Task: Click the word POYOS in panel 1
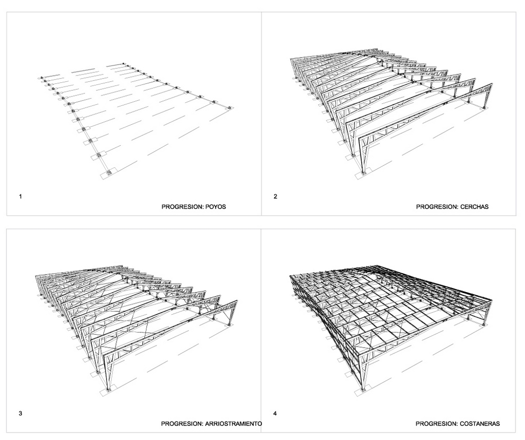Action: pos(216,207)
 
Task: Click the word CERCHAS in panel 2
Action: pos(474,207)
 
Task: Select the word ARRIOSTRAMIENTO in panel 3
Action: pos(234,424)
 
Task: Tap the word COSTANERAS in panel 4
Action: pos(480,424)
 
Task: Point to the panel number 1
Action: pos(20,197)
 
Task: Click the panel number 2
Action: pos(275,197)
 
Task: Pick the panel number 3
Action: pos(20,414)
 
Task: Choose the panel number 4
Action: pos(275,414)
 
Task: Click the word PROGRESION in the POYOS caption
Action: pos(183,207)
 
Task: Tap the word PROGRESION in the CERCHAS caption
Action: pos(437,207)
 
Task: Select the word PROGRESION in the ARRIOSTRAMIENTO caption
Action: pos(182,424)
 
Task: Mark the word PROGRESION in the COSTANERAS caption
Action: pos(437,424)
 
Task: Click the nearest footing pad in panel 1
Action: pos(109,173)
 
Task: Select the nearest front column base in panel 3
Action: pos(108,390)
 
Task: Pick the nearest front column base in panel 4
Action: pos(363,390)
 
